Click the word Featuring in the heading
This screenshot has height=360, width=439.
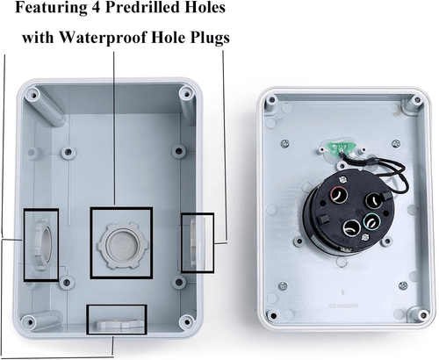coord(51,8)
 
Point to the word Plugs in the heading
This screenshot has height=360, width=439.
coord(210,38)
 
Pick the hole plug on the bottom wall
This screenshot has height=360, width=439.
coord(117,323)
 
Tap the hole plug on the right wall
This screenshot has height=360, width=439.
coord(193,242)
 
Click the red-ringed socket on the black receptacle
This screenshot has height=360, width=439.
coord(339,195)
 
